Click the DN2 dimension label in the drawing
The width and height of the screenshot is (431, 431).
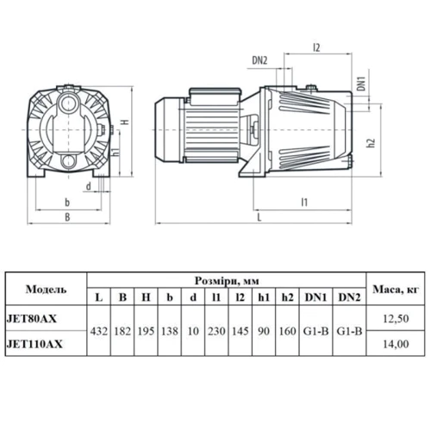[x=259, y=60]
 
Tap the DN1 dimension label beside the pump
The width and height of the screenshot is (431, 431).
[x=361, y=84]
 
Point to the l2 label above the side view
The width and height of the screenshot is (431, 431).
[x=316, y=47]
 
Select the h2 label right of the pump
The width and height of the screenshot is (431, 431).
[x=372, y=143]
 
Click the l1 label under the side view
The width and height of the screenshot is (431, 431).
[x=304, y=203]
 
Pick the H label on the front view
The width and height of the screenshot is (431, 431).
[x=125, y=122]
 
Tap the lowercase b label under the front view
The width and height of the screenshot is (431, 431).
[x=67, y=203]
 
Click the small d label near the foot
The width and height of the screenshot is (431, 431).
[x=89, y=186]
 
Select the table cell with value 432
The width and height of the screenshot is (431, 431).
[x=99, y=331]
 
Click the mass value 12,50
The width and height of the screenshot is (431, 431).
[x=396, y=319]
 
